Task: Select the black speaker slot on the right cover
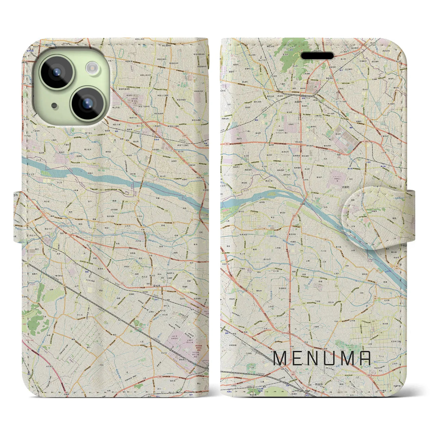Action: click(x=317, y=55)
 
